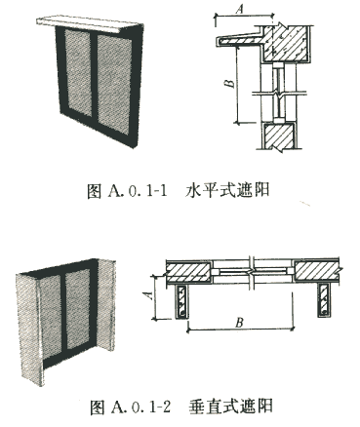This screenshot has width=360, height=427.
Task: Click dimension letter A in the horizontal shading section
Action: click(240, 9)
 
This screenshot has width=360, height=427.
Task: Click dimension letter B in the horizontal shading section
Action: click(230, 83)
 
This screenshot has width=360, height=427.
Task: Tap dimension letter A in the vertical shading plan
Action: click(148, 295)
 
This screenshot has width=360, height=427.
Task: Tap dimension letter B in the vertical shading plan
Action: click(240, 323)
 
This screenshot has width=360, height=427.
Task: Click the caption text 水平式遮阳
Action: click(227, 190)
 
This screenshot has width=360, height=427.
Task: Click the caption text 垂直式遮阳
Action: click(230, 406)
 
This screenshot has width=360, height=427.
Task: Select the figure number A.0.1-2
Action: click(140, 407)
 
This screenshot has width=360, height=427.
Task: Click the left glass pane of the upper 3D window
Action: click(78, 72)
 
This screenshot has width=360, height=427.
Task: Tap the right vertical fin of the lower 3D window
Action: click(106, 305)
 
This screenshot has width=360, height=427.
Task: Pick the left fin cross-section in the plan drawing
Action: click(181, 301)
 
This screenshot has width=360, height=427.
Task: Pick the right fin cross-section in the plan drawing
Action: click(324, 300)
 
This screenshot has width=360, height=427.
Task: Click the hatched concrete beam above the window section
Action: click(286, 44)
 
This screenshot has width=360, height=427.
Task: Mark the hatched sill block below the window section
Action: click(279, 136)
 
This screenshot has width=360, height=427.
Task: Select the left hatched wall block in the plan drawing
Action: click(188, 271)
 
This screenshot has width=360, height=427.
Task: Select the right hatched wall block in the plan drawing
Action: click(317, 270)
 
